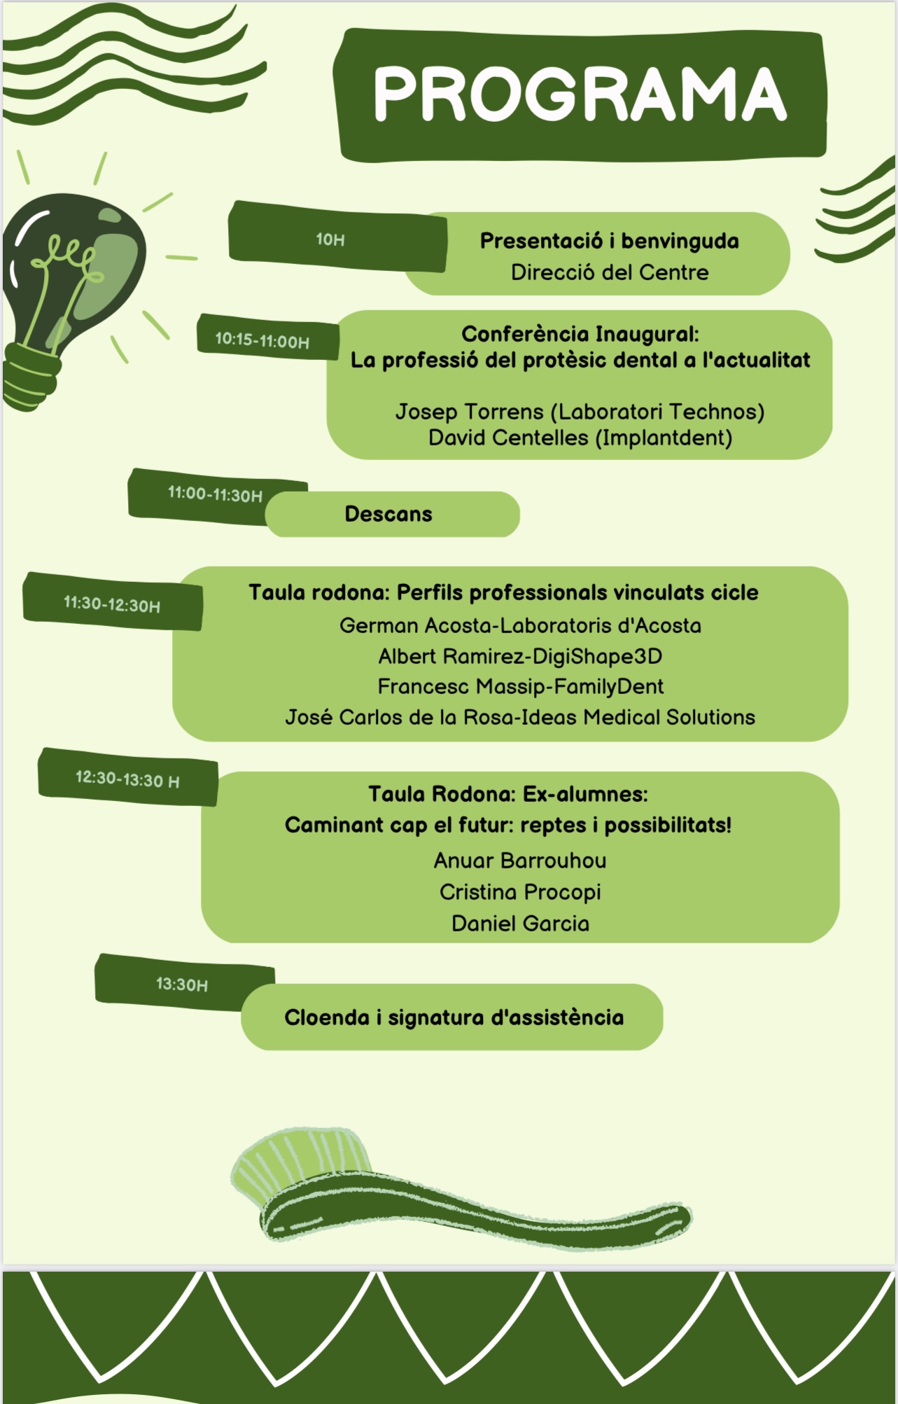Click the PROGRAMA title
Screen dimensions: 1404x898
(580, 94)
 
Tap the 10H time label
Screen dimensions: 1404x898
(330, 239)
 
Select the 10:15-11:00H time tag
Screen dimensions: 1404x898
(262, 340)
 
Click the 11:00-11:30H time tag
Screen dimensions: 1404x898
(215, 494)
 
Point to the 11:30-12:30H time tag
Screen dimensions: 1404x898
(112, 604)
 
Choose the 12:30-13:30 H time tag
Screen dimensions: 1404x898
(127, 779)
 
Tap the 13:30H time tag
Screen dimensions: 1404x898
(182, 985)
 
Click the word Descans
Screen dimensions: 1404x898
(388, 514)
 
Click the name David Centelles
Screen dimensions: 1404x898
(508, 438)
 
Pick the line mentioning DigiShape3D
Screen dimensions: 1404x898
(520, 656)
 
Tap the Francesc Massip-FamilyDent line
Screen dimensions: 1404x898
(520, 686)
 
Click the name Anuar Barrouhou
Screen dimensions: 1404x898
(520, 861)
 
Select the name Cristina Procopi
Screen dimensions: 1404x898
(520, 892)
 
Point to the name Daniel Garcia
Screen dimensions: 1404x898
(520, 924)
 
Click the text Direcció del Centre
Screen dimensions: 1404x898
(610, 272)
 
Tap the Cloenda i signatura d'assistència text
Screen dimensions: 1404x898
(454, 1017)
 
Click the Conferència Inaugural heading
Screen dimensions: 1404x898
(580, 334)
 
